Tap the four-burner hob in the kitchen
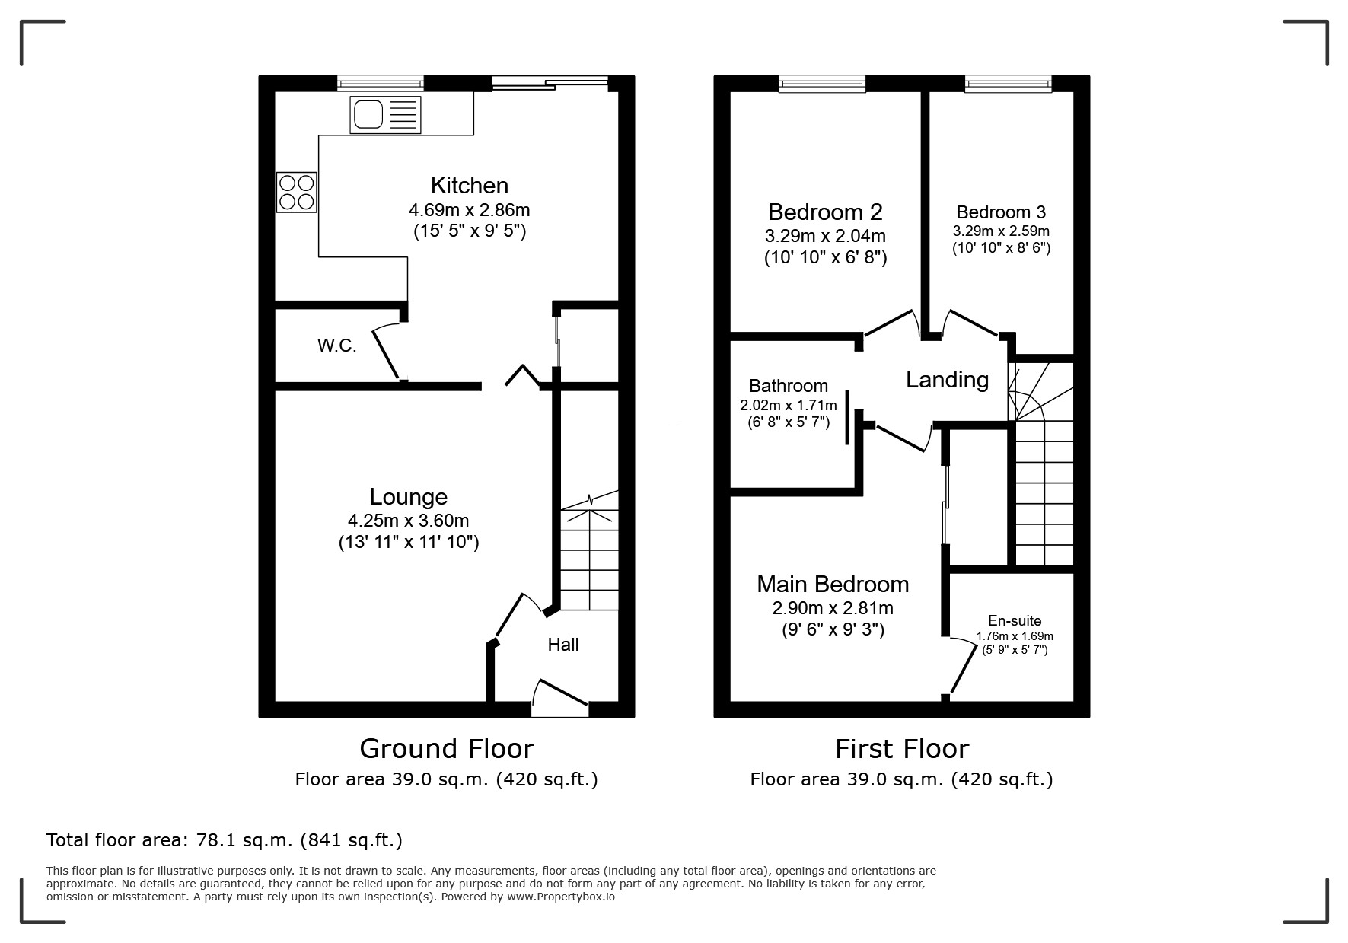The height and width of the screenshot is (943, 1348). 296,192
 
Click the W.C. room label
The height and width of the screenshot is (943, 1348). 336,346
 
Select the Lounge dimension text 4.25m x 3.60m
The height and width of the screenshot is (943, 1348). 408,521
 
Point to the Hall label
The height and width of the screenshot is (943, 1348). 563,645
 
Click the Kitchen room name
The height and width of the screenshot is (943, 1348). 469,185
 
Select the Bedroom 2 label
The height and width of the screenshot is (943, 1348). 825,212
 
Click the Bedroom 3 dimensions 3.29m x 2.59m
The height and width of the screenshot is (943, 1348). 1001,231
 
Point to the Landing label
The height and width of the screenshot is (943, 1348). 947,379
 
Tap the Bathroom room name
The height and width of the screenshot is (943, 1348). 789,385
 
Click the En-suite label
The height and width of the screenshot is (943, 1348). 1015,620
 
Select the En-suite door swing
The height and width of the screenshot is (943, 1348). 962,667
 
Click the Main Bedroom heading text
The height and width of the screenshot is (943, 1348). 833,584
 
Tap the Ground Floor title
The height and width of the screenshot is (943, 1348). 446,748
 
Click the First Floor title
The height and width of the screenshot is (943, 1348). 901,748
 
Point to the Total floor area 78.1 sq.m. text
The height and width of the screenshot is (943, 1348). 225,840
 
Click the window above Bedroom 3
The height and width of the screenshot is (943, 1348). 1008,84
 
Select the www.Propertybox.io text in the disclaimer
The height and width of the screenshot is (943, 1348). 560,897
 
